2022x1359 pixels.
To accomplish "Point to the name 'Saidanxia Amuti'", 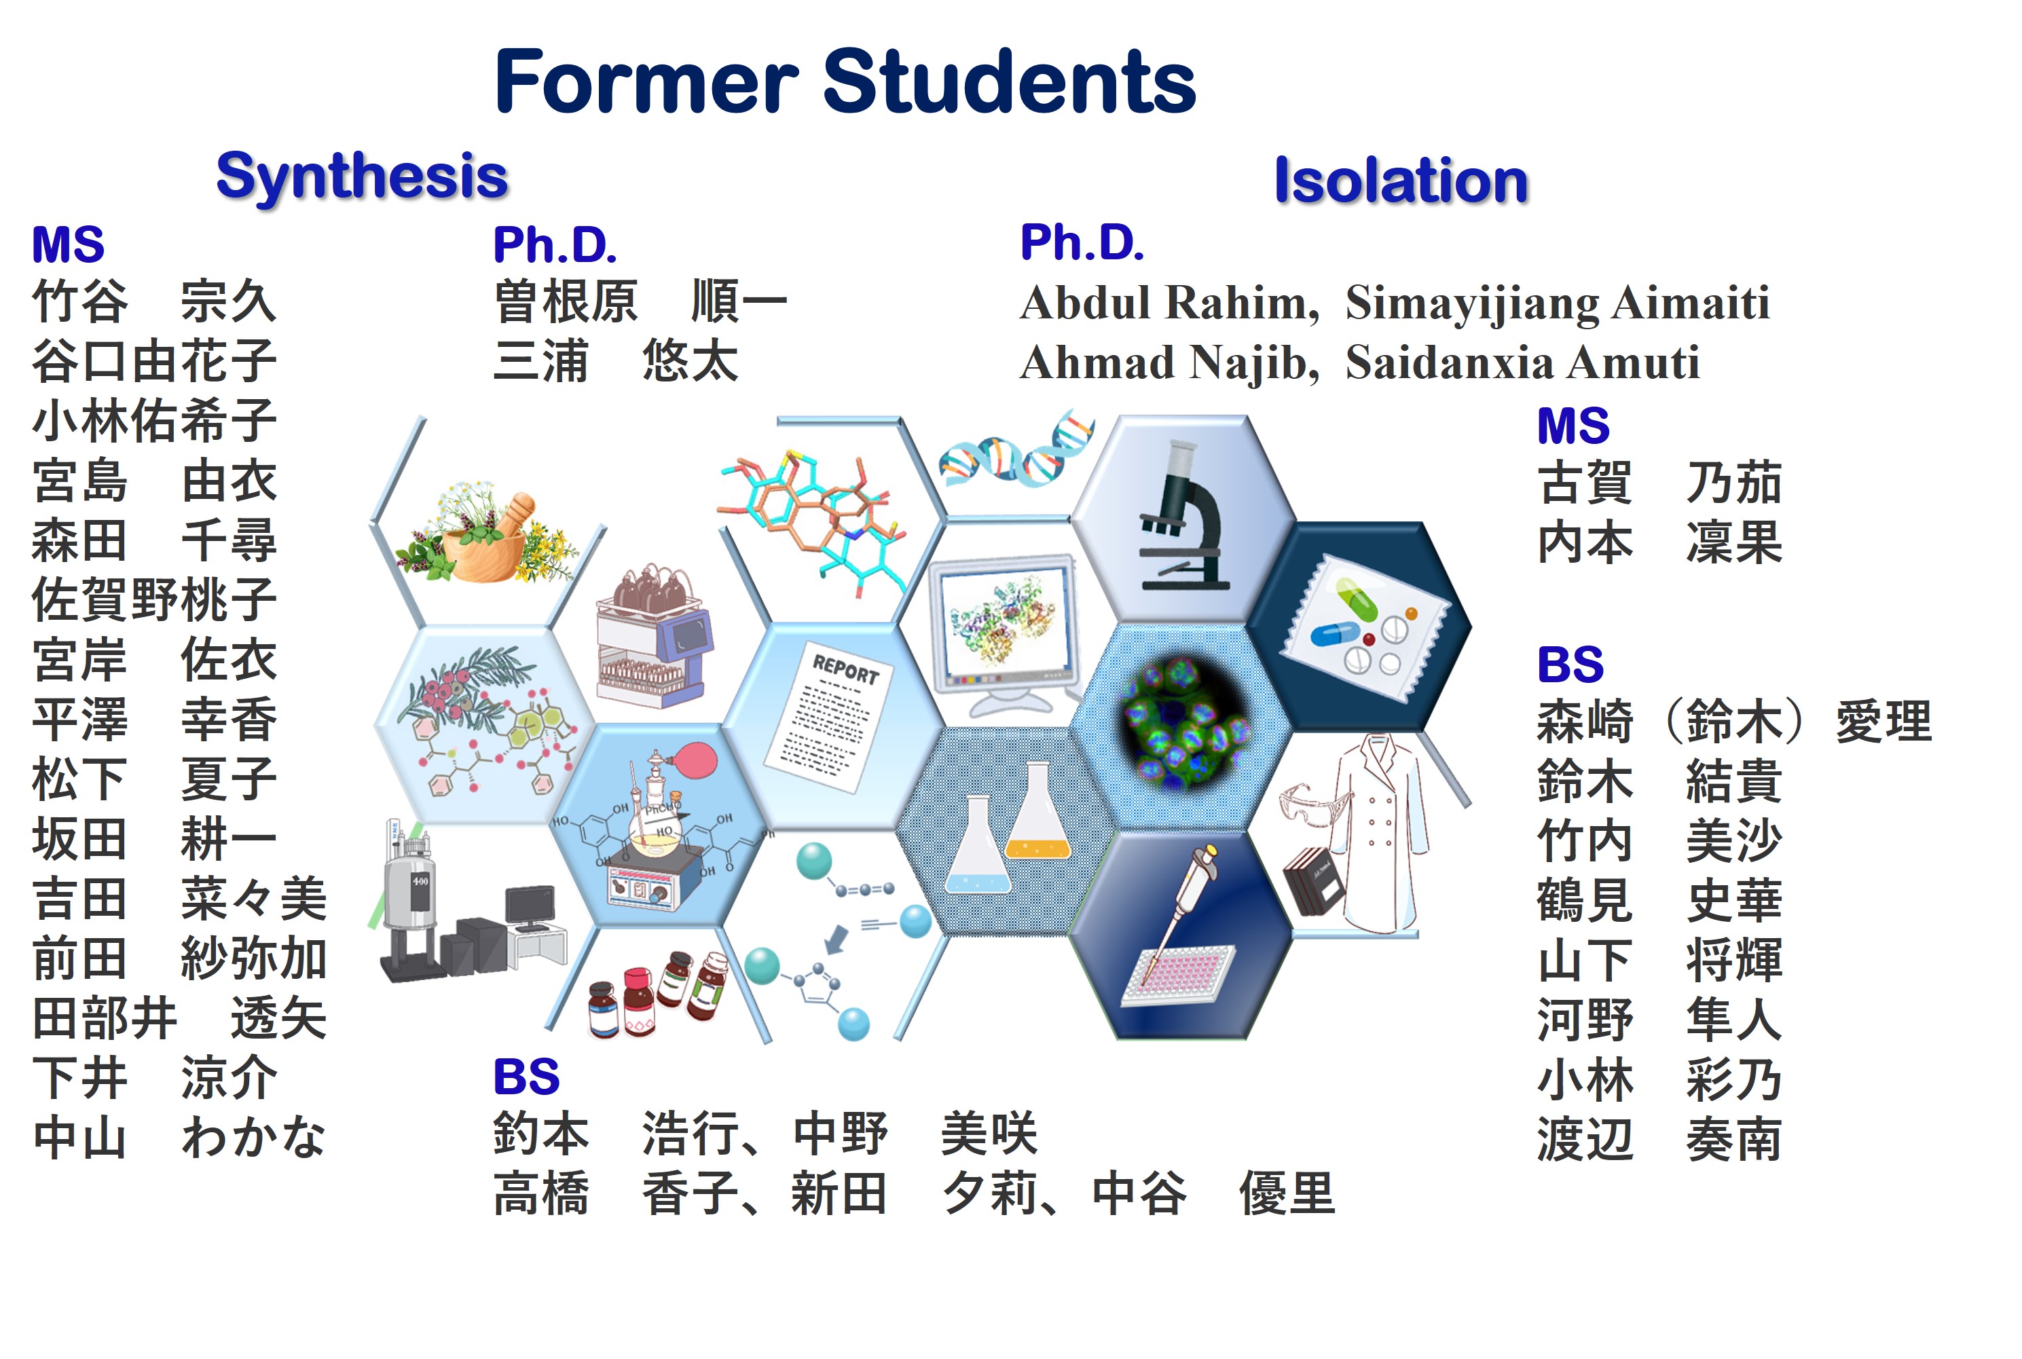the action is point(1522,362).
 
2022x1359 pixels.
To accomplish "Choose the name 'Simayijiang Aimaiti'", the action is point(1557,304).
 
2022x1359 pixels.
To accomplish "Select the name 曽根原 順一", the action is point(640,301).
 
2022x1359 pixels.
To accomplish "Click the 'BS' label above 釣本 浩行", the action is point(526,1077).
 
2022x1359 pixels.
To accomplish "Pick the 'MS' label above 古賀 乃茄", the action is point(1573,426).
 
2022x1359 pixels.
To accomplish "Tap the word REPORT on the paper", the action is point(845,669).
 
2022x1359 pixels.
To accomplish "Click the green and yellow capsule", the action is point(1357,600).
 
